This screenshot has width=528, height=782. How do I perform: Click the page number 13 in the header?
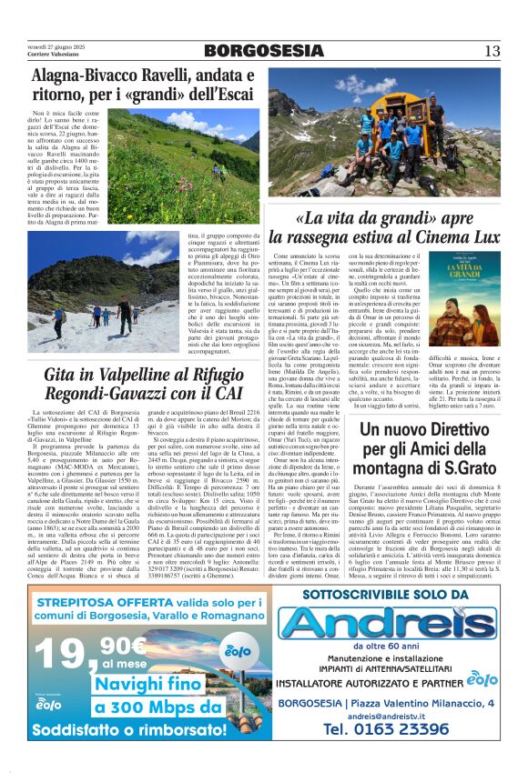492,51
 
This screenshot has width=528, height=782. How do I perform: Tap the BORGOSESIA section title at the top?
263,51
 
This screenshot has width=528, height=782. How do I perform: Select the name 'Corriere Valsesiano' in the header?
51,55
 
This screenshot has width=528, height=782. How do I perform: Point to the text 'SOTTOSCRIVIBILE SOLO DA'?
396,594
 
